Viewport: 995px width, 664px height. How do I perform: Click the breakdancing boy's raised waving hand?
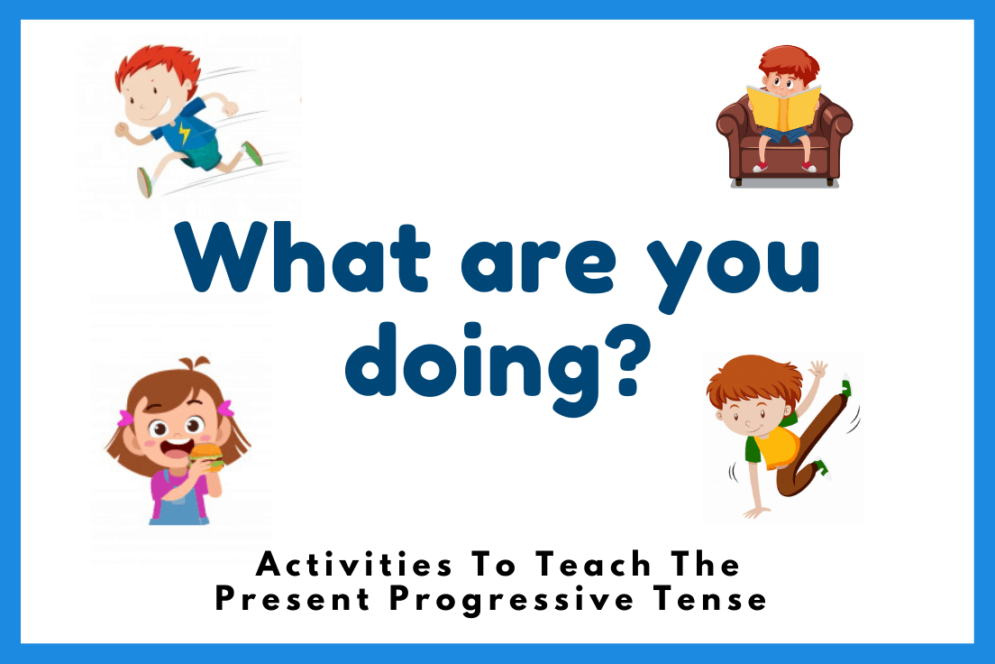[818, 370]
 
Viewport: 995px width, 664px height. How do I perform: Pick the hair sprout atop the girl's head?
[188, 366]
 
